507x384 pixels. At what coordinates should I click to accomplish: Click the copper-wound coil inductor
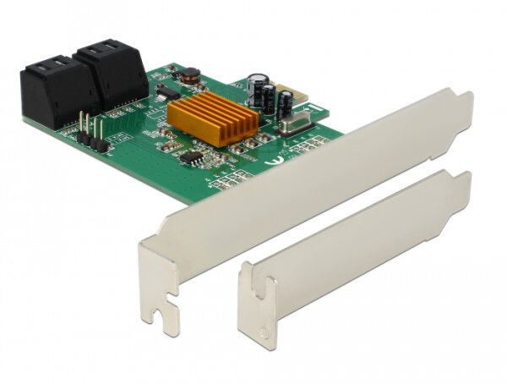pyautogui.click(x=193, y=75)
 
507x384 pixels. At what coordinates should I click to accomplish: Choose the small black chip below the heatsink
pyautogui.click(x=192, y=156)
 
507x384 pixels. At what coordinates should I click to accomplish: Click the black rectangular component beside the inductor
pyautogui.click(x=168, y=91)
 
